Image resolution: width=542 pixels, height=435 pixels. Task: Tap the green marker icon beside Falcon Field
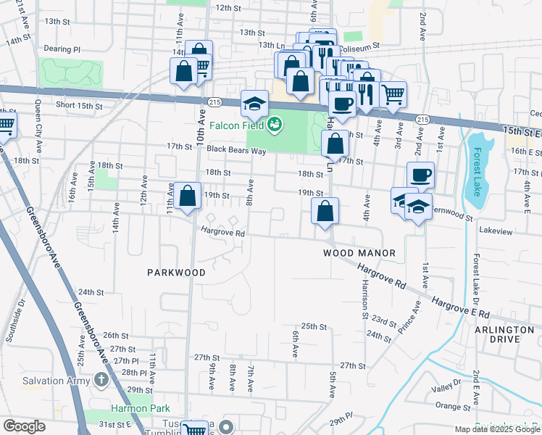(x=275, y=125)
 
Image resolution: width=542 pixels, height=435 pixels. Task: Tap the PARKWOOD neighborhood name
(x=176, y=273)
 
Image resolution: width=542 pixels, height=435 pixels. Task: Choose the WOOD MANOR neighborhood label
(x=359, y=253)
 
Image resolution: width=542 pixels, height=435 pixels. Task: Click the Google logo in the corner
(x=24, y=426)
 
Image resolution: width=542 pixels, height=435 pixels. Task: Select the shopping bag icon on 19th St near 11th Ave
(x=188, y=196)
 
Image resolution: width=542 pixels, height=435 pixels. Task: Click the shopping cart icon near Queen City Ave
(x=6, y=126)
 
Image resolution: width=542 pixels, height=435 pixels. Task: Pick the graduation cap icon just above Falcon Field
(x=254, y=104)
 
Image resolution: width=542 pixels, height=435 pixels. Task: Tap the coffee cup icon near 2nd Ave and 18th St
(x=420, y=175)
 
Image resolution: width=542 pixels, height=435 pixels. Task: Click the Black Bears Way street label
(x=236, y=151)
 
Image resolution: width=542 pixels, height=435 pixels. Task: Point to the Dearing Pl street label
(x=62, y=49)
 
